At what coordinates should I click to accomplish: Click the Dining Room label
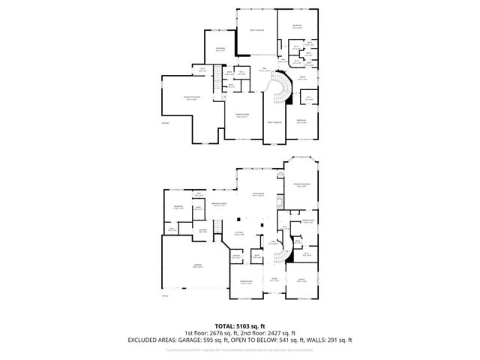[245, 282]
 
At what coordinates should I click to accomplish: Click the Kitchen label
[248, 233]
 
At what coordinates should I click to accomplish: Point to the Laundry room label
[202, 231]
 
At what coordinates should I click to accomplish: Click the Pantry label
[235, 256]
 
